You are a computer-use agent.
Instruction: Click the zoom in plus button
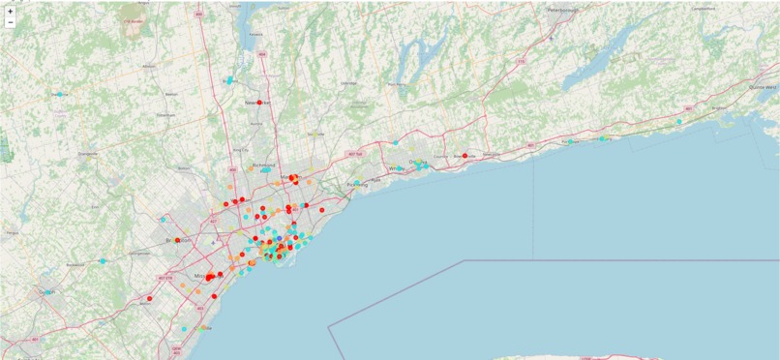tap(10, 11)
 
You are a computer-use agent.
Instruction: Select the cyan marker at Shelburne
tap(60, 94)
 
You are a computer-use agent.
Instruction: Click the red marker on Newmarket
tap(260, 102)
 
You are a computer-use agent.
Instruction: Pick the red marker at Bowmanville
tap(465, 156)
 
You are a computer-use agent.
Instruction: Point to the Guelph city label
tap(45, 290)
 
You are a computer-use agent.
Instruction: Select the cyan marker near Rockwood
tap(103, 261)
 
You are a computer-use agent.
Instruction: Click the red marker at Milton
tap(150, 299)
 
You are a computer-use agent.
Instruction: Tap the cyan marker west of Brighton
tap(679, 121)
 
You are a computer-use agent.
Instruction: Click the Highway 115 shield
tap(521, 62)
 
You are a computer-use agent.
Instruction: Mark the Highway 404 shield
tap(262, 54)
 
